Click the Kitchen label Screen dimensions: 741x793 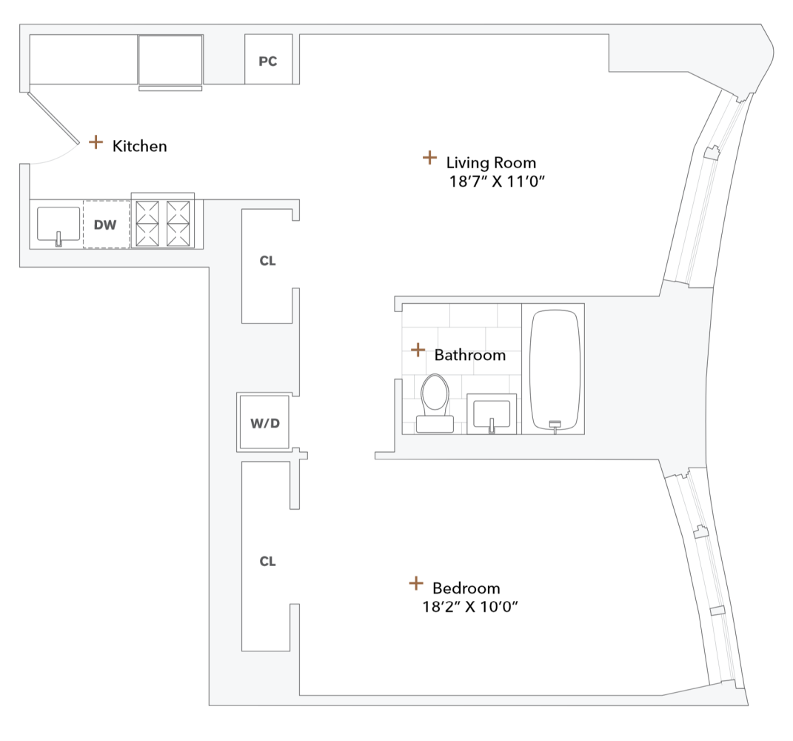point(139,146)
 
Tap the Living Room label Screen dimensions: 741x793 point(491,162)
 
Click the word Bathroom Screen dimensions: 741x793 point(469,355)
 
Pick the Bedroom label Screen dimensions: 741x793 point(466,588)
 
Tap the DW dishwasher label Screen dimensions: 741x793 point(105,224)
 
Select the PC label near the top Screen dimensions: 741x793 point(267,62)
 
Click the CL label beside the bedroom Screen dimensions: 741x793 point(267,562)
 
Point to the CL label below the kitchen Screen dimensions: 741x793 point(267,261)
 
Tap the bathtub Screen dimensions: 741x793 point(555,368)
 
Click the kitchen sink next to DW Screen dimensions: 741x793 point(58,225)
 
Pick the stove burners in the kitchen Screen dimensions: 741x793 point(163,222)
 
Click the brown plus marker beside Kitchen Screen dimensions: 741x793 point(96,142)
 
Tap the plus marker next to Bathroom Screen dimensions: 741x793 point(418,349)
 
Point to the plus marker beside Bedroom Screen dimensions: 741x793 point(416,584)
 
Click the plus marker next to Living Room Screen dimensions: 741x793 point(429,157)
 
